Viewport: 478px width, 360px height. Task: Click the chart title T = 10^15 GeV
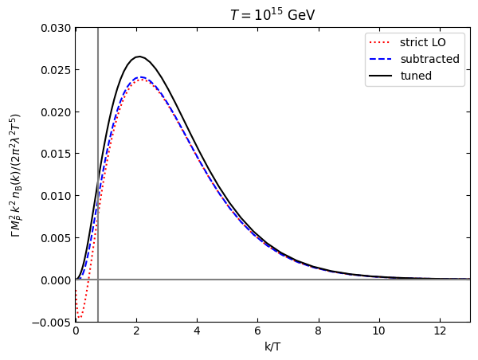[272, 14]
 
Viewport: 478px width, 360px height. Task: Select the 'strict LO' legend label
[423, 42]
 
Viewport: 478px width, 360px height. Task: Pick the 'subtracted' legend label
[430, 59]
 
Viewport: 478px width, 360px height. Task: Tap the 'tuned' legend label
[416, 76]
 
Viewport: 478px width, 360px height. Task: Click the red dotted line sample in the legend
[380, 42]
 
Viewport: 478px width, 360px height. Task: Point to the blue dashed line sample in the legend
[380, 59]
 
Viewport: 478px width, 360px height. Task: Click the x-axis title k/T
[272, 346]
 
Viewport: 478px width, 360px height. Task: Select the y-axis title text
[15, 175]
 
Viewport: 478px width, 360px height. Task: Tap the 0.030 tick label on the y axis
[56, 28]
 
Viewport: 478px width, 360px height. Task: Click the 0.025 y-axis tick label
[56, 70]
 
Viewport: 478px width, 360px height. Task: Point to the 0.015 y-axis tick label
[56, 154]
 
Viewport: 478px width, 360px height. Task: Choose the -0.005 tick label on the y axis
[51, 323]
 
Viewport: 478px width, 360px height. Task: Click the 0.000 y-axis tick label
[56, 280]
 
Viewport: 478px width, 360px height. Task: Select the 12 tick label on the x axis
[440, 331]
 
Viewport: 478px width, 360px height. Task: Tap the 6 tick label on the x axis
[257, 331]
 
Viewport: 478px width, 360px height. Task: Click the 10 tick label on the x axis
[379, 331]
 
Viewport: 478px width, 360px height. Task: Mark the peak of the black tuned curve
[139, 57]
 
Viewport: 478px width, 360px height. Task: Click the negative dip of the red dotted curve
[79, 318]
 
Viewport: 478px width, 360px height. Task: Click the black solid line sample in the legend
[380, 76]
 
